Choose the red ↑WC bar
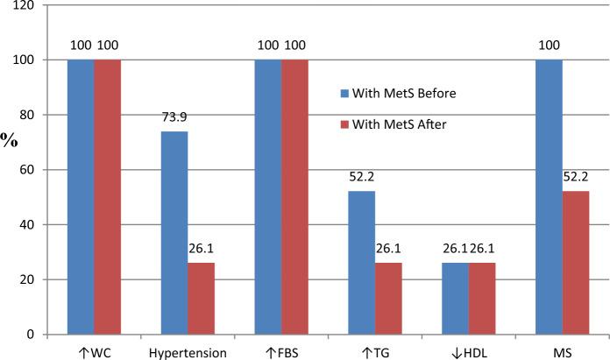point(108,197)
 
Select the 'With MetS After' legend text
point(401,124)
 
